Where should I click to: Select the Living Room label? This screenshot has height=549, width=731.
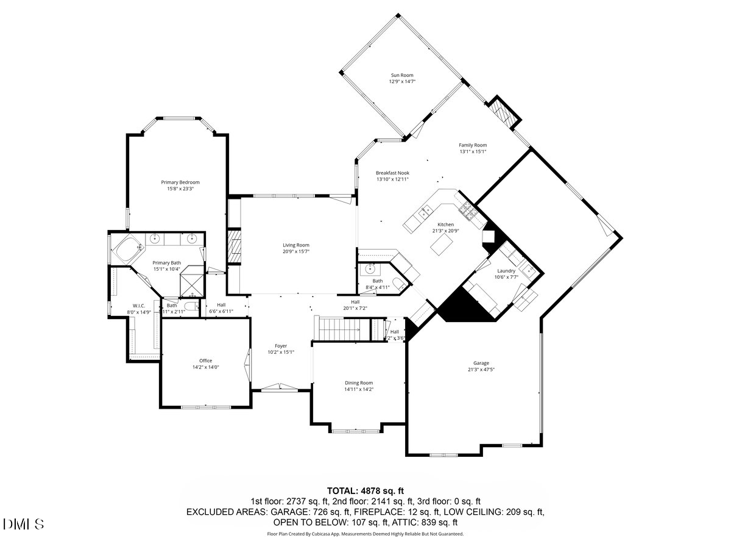pos(295,245)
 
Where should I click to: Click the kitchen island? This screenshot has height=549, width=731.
pos(442,245)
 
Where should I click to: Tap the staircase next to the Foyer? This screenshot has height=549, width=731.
pos(342,330)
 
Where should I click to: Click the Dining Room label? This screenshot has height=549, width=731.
pos(358,382)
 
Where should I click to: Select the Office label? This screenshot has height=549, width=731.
pos(205,361)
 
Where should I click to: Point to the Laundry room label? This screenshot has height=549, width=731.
pos(506,271)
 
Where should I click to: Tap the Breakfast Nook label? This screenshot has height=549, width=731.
pos(392,173)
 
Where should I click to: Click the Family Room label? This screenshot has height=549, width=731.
pos(473,145)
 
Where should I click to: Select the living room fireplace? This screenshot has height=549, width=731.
pos(233,246)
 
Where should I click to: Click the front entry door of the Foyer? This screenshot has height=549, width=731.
pos(280,387)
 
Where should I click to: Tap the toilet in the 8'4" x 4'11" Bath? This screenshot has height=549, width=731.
pos(398,284)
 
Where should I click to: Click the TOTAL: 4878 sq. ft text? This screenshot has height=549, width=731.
pos(365,490)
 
